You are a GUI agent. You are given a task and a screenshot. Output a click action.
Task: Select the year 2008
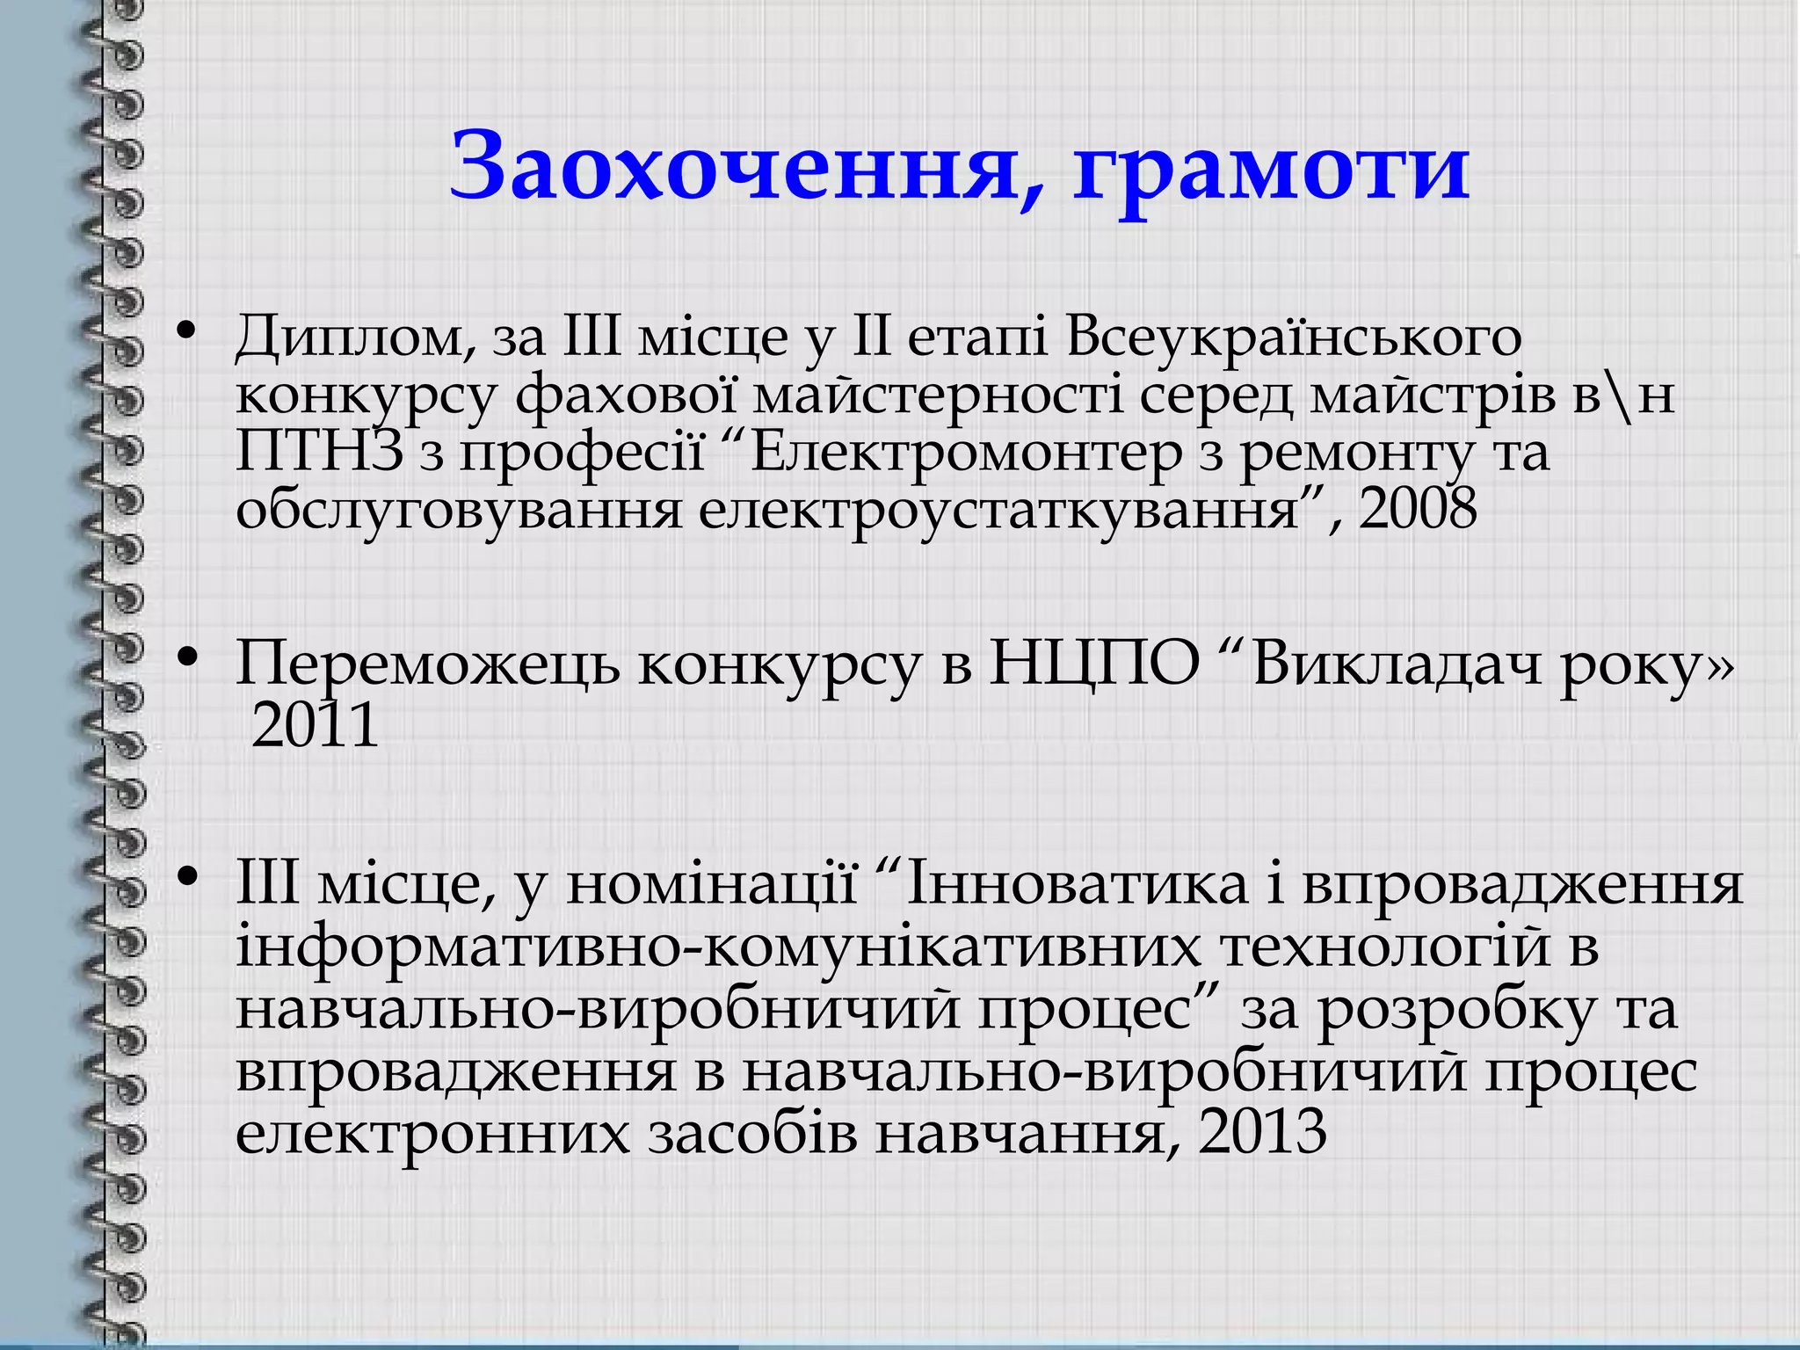1418,510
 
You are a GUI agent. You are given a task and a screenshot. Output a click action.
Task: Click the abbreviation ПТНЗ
319,453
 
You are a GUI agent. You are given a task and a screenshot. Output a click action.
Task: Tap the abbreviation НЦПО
1094,664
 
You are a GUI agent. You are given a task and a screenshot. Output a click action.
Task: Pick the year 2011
315,726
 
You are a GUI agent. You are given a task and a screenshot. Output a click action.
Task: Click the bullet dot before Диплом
185,332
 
